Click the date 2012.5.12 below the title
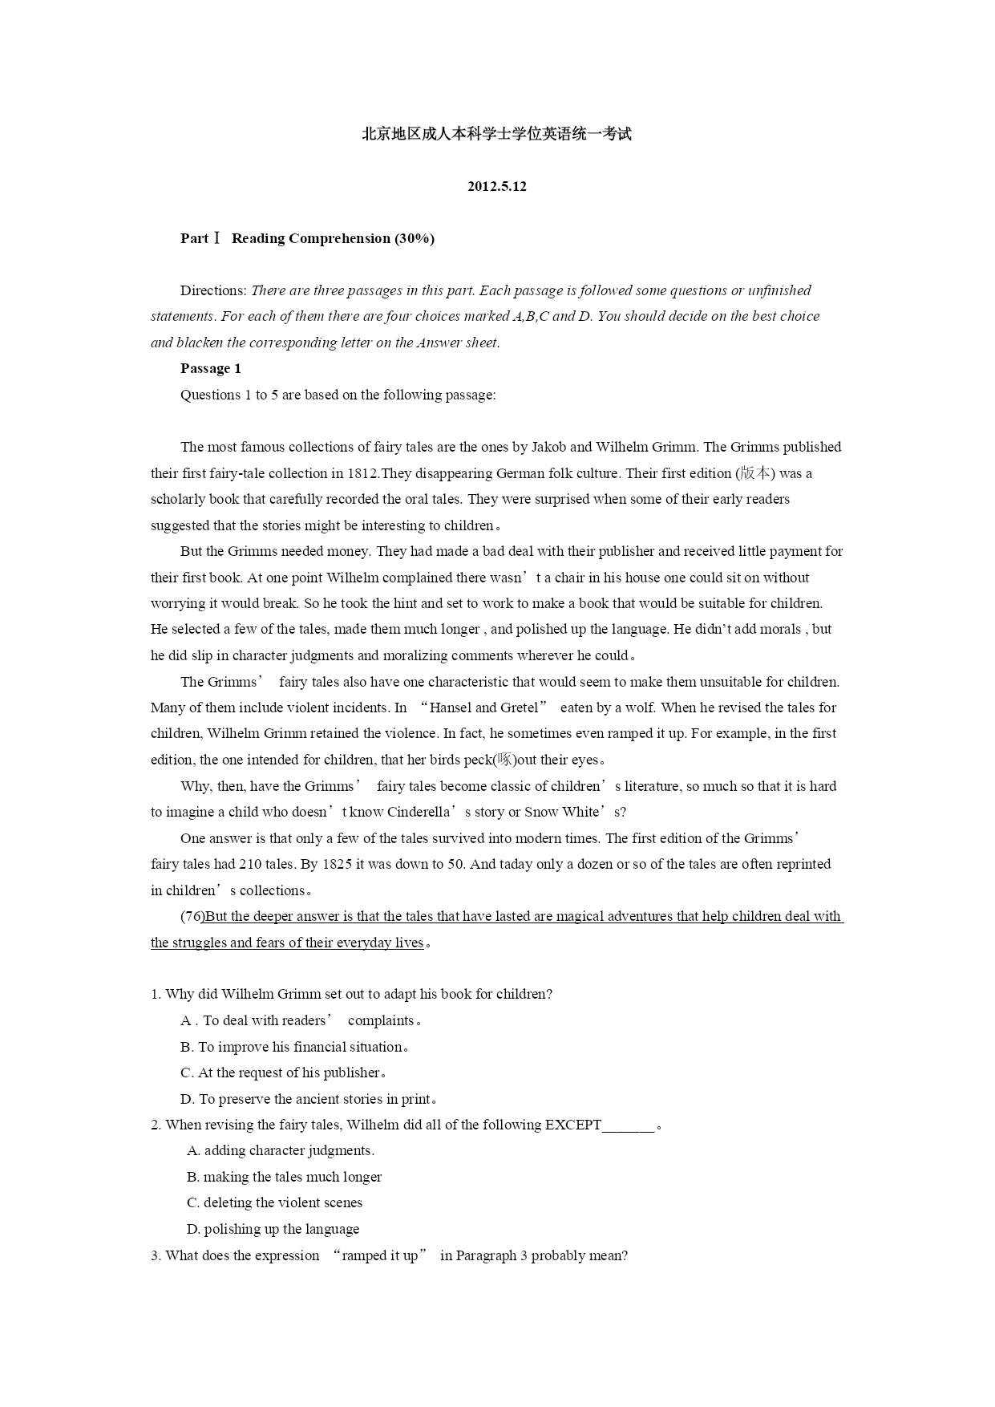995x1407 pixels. (x=497, y=187)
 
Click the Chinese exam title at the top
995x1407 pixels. (x=497, y=134)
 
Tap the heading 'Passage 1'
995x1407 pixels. (x=211, y=369)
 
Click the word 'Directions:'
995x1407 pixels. (x=213, y=290)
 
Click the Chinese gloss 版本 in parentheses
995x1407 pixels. (x=755, y=473)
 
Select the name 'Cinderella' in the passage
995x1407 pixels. (x=419, y=812)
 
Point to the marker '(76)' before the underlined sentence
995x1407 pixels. (x=192, y=916)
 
